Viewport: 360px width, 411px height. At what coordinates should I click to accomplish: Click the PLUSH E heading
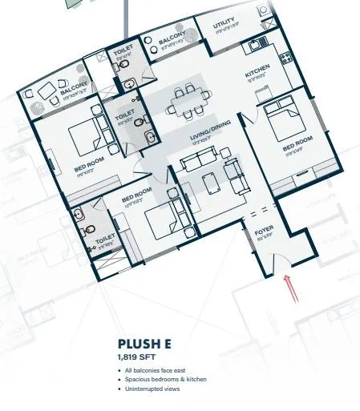click(x=145, y=345)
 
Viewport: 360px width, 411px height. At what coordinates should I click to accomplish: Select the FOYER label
click(x=265, y=230)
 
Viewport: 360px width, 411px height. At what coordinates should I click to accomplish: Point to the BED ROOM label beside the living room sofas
click(x=137, y=195)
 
